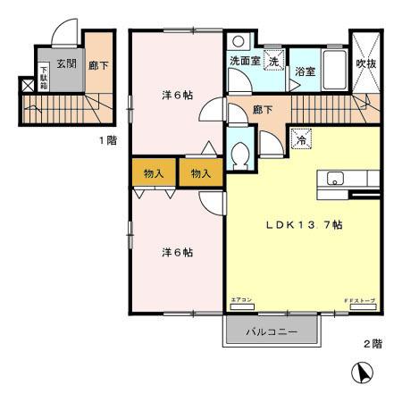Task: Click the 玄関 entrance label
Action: tap(65, 63)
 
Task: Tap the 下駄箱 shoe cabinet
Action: tap(43, 74)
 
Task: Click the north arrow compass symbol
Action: tap(364, 372)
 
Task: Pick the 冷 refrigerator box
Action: tap(300, 138)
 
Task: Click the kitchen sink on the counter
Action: tap(336, 177)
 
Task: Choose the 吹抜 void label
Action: tap(365, 63)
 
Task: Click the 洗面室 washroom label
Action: tap(245, 63)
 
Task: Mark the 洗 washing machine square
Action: tap(275, 63)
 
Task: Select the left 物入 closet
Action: tap(154, 173)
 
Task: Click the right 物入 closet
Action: tap(200, 173)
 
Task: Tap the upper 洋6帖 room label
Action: tap(176, 96)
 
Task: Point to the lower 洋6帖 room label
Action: tap(176, 252)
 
